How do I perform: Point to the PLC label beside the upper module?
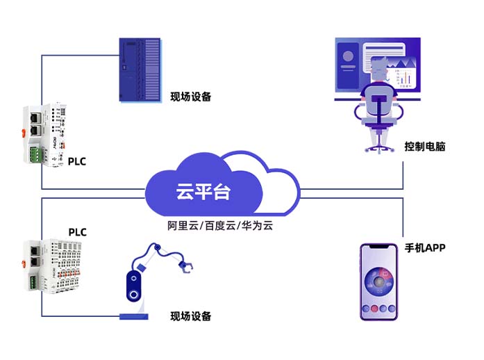[x=77, y=162]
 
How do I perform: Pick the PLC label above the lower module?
[x=77, y=231]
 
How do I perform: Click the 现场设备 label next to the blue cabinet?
[x=191, y=97]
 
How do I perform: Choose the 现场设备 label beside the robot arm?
[x=191, y=316]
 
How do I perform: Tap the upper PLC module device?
[x=44, y=132]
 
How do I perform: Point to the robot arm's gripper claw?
[x=187, y=267]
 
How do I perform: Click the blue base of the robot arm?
[x=135, y=318]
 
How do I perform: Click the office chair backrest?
[x=379, y=104]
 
